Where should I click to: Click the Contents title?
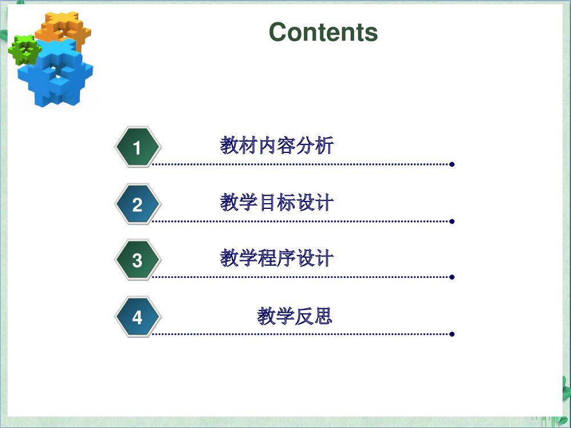tap(323, 32)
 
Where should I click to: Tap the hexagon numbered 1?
tap(137, 148)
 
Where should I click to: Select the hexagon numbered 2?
tap(137, 204)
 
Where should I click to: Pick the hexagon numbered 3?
tap(137, 260)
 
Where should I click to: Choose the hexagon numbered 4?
tap(137, 317)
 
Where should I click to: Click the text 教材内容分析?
tap(277, 146)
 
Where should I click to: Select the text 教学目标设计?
tap(277, 203)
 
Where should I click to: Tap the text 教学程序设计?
tap(277, 259)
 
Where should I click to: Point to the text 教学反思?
tap(295, 316)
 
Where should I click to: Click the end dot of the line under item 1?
tap(452, 164)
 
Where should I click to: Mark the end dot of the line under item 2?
tap(452, 221)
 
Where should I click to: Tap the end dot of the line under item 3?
tap(452, 277)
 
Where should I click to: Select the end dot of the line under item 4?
tap(452, 334)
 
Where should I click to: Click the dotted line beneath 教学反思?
tap(303, 334)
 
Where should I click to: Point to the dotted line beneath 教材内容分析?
tap(303, 164)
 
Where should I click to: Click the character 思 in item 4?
tap(323, 316)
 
